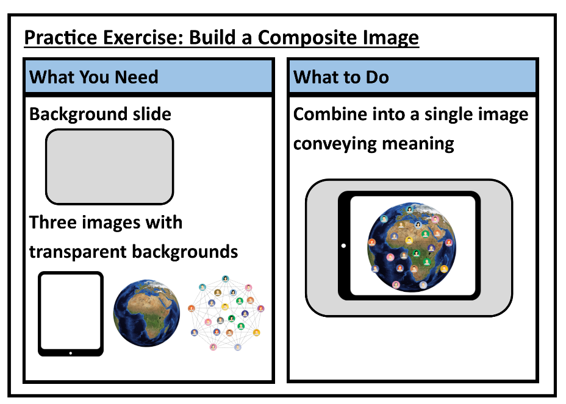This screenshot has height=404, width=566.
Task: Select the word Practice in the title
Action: pos(60,38)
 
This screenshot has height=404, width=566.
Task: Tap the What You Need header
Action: pos(94,77)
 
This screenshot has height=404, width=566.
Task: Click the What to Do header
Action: pos(341,77)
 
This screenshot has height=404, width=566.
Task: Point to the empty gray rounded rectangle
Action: pos(109,166)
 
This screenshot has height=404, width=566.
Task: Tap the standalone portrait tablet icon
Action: pos(71,314)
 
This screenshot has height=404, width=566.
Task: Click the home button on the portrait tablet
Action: pos(70,353)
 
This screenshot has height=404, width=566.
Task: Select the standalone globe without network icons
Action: pos(146,313)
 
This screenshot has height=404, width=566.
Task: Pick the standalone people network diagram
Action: pos(226,313)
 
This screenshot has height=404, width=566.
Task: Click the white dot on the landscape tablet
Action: pos(343,246)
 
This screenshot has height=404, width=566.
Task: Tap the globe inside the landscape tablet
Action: pos(412,247)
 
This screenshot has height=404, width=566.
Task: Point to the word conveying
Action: pos(335,144)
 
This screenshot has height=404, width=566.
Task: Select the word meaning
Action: pos(418,144)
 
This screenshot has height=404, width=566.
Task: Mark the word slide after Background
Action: pos(152,114)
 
